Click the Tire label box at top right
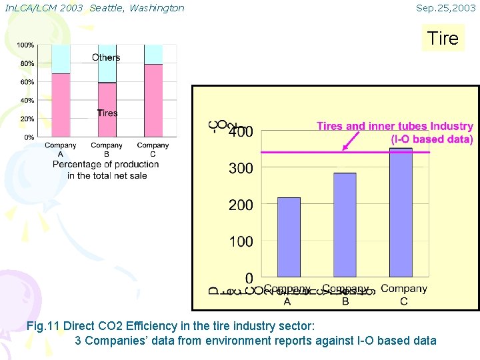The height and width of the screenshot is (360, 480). (443, 38)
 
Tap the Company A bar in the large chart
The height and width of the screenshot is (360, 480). (289, 237)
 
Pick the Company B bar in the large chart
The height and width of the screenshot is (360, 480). (345, 225)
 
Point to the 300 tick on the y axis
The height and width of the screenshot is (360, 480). (241, 169)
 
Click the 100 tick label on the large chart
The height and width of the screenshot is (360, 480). (241, 241)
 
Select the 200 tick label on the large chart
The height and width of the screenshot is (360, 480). (241, 205)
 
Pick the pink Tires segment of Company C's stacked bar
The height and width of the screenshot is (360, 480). (153, 100)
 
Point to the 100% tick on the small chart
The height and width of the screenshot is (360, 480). (26, 45)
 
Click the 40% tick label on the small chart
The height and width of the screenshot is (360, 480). (27, 101)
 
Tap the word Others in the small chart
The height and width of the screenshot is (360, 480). (106, 57)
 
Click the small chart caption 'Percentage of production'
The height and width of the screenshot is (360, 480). (106, 165)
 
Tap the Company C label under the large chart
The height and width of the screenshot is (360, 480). (404, 294)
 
